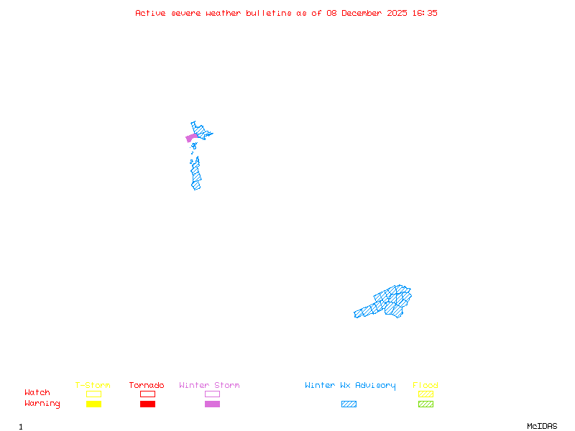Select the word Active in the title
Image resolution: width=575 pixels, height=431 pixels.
tap(151, 13)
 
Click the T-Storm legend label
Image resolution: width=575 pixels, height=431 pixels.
tap(93, 385)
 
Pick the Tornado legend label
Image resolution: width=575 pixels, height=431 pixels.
tap(147, 385)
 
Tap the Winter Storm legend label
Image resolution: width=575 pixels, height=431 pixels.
tap(209, 385)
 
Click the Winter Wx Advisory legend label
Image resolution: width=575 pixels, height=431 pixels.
tap(350, 385)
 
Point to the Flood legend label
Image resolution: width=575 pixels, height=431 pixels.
tap(425, 385)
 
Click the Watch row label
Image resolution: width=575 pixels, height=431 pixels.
tap(37, 392)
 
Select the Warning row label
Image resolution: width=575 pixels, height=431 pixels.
tap(42, 404)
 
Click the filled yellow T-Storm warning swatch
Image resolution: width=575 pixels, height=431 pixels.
tap(93, 404)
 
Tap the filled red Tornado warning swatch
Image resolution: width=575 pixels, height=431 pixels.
tap(147, 404)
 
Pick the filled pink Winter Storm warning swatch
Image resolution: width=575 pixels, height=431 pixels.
tap(212, 404)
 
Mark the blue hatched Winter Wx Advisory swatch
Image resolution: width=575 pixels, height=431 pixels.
tap(349, 404)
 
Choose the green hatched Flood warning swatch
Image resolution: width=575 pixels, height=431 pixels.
tap(425, 404)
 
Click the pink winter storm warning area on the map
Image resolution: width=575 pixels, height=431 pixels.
tap(191, 137)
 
